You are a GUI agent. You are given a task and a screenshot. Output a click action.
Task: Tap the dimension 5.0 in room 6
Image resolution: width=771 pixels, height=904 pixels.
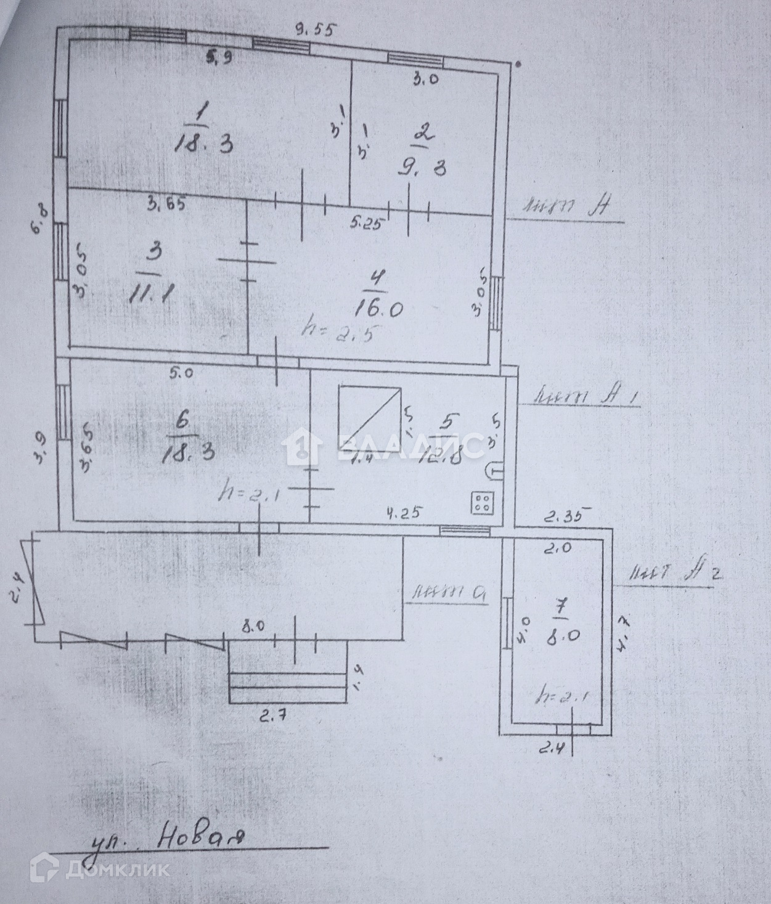(x=182, y=373)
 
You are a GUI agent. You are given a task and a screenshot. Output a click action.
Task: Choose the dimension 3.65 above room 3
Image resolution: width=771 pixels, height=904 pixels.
(x=166, y=205)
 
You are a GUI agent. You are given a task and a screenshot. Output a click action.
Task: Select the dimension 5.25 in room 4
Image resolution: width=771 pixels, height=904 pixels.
(x=369, y=225)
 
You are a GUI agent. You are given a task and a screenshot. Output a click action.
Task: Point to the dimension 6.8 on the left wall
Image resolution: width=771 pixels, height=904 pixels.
(x=41, y=217)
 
